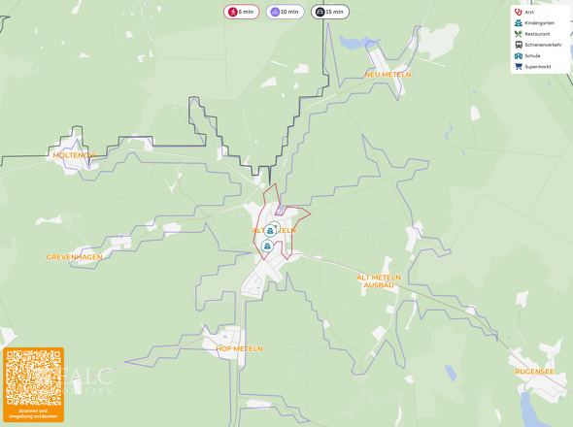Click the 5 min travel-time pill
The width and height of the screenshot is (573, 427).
241,12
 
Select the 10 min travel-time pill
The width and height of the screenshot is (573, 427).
286,12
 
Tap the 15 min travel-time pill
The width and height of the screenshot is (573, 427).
330,12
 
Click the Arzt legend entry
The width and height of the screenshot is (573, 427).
529,12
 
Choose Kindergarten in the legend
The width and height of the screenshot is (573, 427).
538,22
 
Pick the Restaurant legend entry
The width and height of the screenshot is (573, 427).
537,33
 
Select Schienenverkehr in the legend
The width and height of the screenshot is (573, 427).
542,45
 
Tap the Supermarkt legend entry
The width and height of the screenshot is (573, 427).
537,66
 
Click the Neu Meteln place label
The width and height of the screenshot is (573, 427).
388,74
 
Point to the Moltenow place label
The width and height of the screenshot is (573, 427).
75,154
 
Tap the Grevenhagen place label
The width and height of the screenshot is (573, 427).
75,257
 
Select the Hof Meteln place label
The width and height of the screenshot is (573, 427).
240,347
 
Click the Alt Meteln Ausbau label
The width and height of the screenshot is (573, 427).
379,281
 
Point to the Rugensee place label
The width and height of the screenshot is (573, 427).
535,371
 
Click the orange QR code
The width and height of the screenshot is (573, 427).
33,378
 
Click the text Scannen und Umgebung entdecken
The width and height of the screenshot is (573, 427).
33,414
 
